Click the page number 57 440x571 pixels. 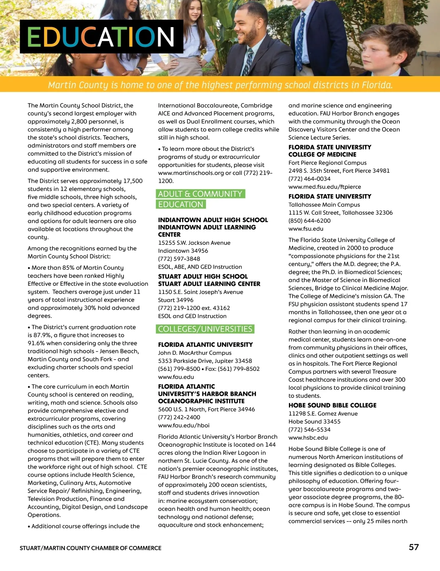(414, 547)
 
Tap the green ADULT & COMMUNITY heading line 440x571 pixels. (201, 194)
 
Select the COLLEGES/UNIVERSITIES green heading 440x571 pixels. (205, 329)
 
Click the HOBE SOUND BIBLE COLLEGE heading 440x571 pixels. (332, 405)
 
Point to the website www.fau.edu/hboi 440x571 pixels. (184, 426)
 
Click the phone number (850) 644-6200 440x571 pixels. (309, 221)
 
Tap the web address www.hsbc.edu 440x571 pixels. (308, 438)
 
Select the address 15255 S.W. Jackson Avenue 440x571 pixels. (194, 243)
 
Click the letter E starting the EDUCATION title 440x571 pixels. (35, 37)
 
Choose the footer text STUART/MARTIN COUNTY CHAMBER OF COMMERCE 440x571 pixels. (91, 548)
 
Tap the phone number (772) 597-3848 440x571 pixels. (179, 259)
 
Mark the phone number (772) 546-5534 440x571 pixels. (309, 430)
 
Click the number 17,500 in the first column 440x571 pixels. (133, 181)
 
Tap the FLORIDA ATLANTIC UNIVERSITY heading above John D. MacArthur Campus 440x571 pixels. (205, 345)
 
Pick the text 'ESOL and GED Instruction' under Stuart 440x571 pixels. (192, 316)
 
